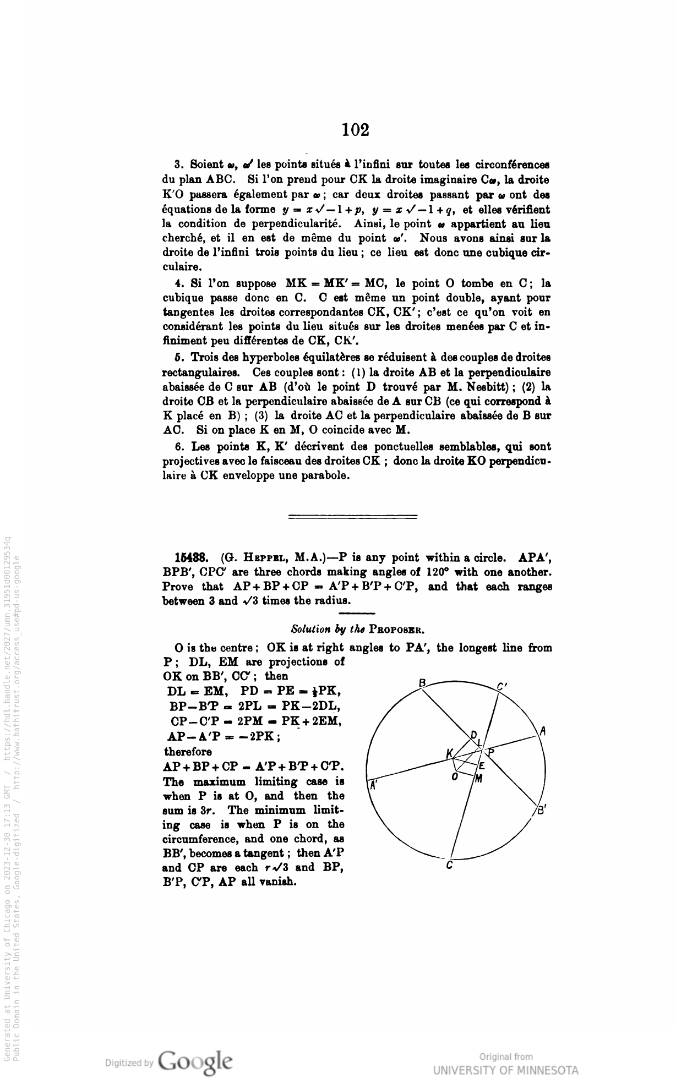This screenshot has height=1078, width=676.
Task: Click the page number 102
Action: [355, 130]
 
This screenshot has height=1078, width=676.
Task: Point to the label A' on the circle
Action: [373, 785]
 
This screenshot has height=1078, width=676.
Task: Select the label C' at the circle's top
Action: [501, 686]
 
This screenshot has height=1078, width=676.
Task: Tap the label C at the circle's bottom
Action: [450, 866]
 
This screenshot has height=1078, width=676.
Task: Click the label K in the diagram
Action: [450, 753]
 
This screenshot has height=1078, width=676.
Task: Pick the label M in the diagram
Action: [479, 778]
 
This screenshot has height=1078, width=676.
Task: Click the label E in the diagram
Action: [481, 765]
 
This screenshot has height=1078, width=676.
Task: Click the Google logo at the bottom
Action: [195, 1059]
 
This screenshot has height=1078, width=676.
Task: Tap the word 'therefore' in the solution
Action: [188, 752]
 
